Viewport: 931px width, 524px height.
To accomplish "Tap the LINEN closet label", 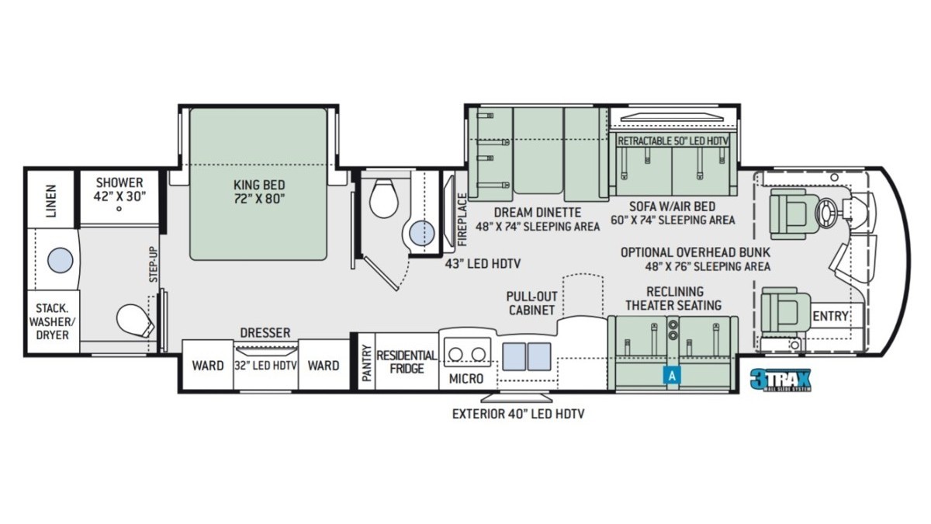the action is coord(51,201).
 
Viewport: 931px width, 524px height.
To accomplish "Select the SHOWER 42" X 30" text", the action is coord(119,189).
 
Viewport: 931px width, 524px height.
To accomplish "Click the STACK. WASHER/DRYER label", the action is coord(53,321).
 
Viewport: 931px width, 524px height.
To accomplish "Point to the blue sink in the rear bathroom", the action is coord(61,260).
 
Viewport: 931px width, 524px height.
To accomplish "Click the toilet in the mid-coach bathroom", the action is coord(383,199).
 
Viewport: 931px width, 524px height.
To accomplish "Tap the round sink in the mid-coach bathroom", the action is coord(422,233).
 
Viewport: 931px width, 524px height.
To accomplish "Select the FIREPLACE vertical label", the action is coord(462,219).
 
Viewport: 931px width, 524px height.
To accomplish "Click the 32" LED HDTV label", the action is coord(265,366).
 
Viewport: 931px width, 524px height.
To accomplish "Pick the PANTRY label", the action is coord(366,363).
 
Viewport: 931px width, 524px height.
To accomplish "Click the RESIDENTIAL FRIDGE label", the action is coord(407,362).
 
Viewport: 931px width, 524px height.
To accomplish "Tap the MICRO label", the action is coord(466,379).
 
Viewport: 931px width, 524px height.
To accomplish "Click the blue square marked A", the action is coord(672,376).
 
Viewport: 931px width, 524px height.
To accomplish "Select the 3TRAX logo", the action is coord(780,380).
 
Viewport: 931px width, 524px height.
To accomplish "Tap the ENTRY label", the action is coord(830,317).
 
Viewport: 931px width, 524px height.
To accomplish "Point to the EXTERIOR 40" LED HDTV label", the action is coord(518,414).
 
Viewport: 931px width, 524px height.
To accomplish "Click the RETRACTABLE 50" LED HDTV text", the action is coord(673,141).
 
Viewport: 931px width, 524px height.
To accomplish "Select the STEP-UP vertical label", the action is coord(154,265).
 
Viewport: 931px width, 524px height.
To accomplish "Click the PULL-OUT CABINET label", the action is coord(531,304).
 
